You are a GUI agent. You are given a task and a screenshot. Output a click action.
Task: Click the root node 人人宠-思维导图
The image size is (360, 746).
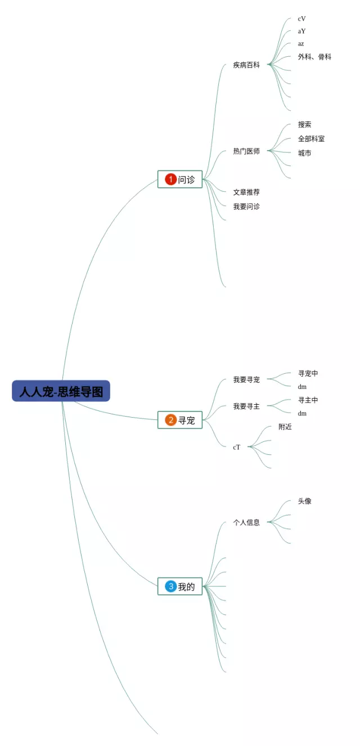tap(61, 391)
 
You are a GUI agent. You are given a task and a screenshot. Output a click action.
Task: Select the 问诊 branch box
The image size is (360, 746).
tap(180, 179)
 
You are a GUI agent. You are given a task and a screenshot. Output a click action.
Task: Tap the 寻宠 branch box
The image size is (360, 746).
tap(180, 420)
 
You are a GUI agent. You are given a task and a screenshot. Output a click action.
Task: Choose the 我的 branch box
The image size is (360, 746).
tap(180, 586)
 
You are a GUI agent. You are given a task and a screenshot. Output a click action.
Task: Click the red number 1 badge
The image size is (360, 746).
tap(171, 179)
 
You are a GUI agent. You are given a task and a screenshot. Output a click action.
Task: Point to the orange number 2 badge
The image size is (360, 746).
tap(171, 420)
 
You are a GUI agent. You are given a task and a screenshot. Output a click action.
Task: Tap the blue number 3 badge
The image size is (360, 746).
tap(171, 586)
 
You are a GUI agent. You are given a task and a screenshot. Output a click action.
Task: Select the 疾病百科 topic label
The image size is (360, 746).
tap(246, 65)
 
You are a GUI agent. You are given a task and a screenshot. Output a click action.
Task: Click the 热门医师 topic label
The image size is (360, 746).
tap(246, 151)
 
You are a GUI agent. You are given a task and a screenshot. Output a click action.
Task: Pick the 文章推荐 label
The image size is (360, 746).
tap(246, 192)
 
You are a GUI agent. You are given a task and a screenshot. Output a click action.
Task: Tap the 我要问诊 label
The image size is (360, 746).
tap(246, 206)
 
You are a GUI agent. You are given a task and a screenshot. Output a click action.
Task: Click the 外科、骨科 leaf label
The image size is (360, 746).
tap(314, 57)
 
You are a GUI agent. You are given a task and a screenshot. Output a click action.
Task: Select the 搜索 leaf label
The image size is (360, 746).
tap(304, 124)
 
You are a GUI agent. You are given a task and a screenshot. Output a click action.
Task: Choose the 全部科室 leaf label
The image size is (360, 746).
tap(311, 138)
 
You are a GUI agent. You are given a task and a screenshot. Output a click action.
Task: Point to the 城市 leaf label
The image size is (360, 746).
tap(304, 153)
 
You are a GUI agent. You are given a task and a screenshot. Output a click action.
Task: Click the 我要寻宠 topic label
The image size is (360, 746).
tap(246, 379)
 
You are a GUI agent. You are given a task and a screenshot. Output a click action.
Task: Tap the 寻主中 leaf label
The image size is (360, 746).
tap(308, 400)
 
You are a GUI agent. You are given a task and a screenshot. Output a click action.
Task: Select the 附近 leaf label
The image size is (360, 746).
tap(285, 427)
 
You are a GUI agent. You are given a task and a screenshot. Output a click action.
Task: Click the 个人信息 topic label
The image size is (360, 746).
tap(246, 522)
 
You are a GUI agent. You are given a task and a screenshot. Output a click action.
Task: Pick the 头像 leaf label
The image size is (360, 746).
tap(304, 501)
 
